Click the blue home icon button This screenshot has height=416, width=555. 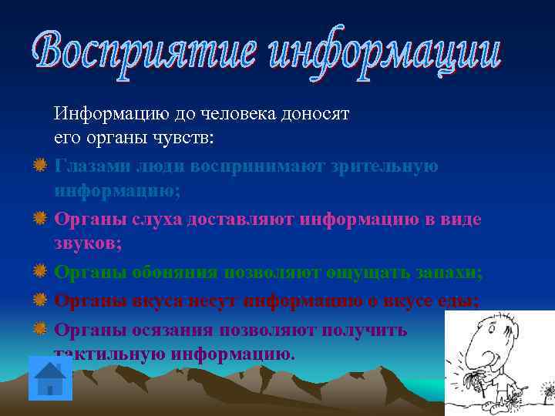(50, 378)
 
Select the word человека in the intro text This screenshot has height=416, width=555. (236, 115)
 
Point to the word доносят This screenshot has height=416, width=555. (313, 115)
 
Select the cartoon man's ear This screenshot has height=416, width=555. (515, 339)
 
